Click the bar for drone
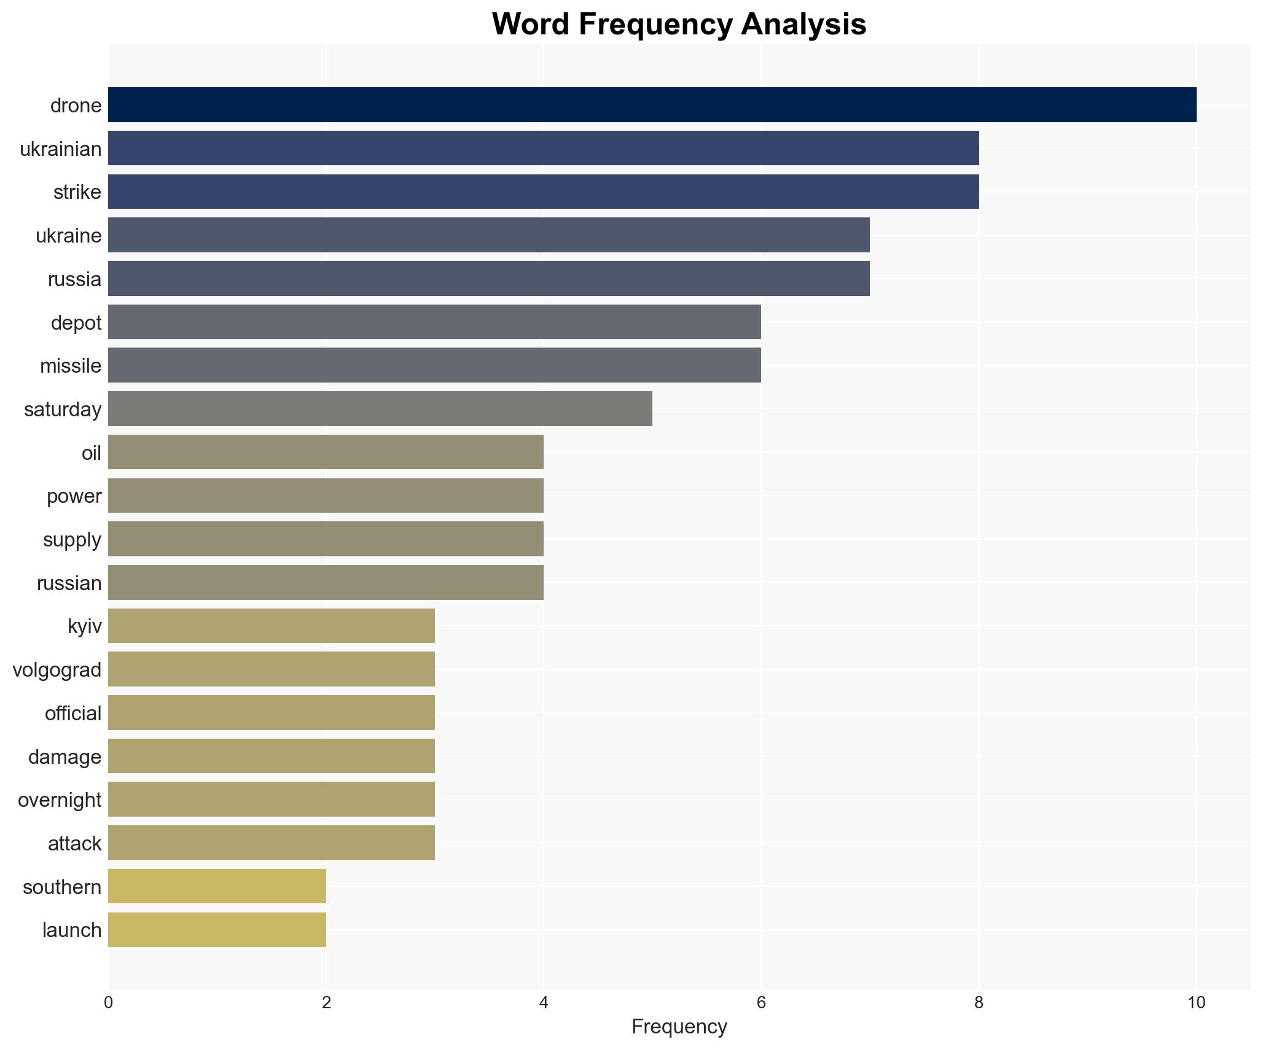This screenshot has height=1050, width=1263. click(652, 105)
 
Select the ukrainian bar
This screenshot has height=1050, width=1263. click(543, 149)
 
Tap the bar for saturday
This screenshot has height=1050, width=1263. click(380, 409)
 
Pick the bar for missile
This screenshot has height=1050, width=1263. click(434, 365)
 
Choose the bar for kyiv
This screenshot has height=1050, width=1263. click(271, 626)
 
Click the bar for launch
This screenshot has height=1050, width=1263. click(217, 930)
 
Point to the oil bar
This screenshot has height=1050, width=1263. click(326, 453)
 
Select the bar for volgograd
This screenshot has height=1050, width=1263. click(271, 669)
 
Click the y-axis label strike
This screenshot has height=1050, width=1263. click(77, 192)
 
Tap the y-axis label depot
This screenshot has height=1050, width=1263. click(76, 323)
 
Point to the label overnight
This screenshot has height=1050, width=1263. click(59, 800)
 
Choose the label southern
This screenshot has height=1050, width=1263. click(61, 887)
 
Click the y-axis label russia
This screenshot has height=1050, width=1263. click(74, 279)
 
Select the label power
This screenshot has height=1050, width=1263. click(74, 496)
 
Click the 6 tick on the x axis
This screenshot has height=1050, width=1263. click(761, 1003)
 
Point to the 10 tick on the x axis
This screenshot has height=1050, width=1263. click(1195, 1003)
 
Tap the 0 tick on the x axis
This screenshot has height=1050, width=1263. click(109, 1003)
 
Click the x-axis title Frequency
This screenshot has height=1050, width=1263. click(679, 1027)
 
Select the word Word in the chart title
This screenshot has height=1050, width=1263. click(530, 25)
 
